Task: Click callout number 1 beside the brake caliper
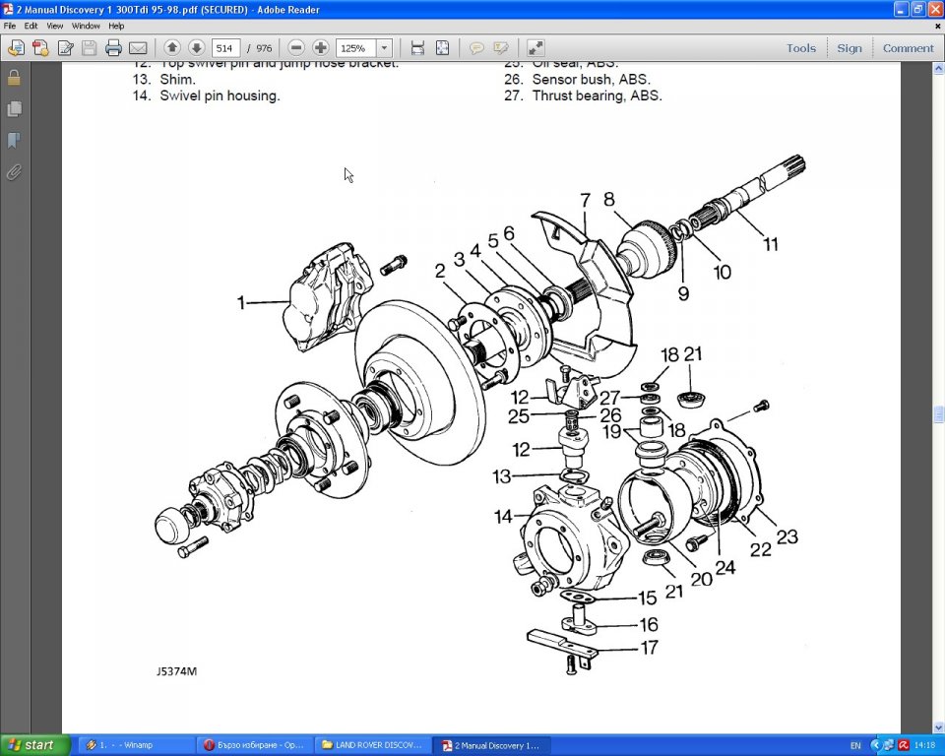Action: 241,303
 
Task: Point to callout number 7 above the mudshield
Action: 585,201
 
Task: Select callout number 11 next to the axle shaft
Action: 772,243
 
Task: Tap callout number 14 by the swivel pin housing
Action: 503,517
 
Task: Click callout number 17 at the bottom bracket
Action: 649,648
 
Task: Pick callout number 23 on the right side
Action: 787,537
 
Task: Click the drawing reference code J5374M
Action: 176,671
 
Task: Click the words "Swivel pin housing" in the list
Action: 220,95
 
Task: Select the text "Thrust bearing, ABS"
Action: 597,95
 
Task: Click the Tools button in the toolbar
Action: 800,47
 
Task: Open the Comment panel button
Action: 908,47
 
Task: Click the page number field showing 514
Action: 225,47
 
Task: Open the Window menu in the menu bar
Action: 86,26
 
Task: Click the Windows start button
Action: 35,745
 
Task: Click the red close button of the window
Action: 935,9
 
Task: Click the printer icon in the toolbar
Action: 113,47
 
